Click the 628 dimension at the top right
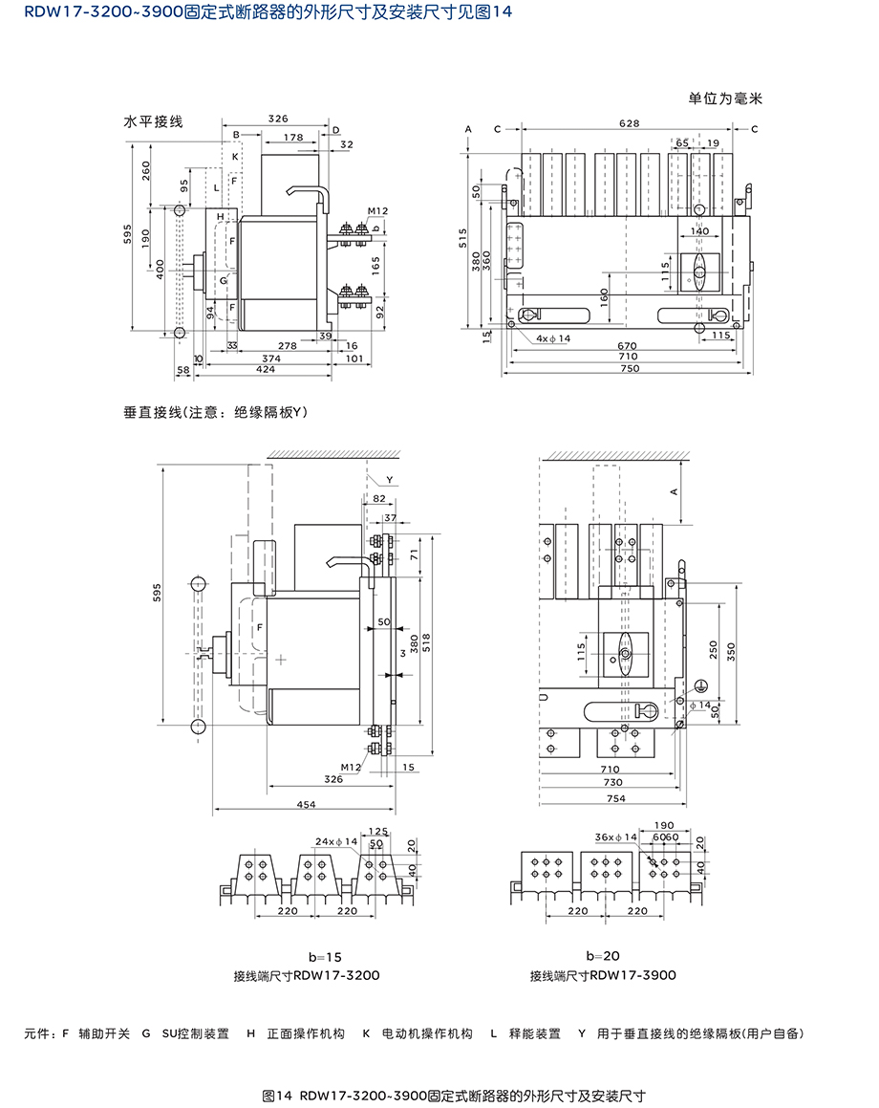point(629,123)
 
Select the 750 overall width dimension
point(627,369)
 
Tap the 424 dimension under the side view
point(265,368)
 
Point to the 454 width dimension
point(306,805)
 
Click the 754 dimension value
point(616,798)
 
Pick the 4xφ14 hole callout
point(553,338)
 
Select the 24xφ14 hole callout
point(336,841)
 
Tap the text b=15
point(325,957)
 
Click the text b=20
point(604,956)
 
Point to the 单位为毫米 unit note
point(725,98)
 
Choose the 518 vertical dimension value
point(427,643)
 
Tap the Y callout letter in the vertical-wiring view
point(389,478)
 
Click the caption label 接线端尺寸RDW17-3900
point(603,975)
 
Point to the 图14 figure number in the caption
point(275,1095)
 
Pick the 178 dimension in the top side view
point(293,138)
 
